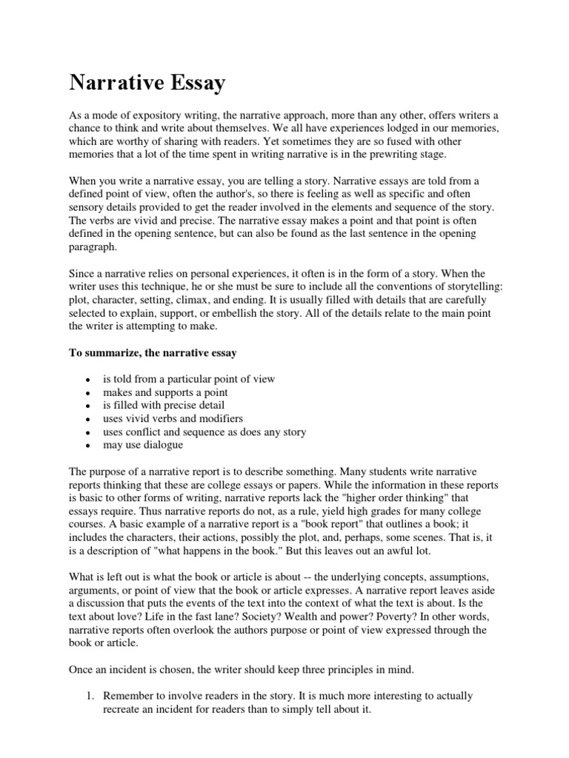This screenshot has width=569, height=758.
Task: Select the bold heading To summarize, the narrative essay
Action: point(153,353)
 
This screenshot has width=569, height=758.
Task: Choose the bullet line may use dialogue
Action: point(143,445)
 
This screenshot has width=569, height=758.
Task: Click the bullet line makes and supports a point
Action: point(165,392)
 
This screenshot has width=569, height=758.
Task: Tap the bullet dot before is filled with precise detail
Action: point(87,406)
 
